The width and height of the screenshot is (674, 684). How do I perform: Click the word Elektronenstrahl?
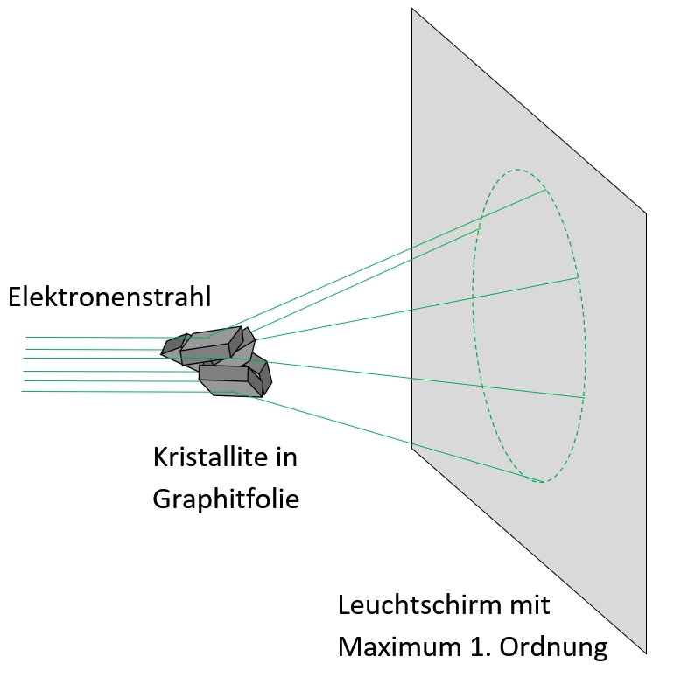tap(109, 297)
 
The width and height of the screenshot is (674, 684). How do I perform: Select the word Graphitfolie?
tap(226, 499)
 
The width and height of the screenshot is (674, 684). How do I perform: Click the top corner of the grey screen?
tap(412, 9)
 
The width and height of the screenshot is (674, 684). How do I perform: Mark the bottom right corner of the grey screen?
tap(646, 653)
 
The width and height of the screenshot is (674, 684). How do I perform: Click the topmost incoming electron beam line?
tap(88, 337)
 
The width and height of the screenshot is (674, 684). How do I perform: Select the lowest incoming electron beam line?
tap(88, 391)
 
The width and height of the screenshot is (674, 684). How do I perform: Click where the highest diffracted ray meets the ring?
tap(545, 189)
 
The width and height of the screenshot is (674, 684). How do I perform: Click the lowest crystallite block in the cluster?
tap(232, 380)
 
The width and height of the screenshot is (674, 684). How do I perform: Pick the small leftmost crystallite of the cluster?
tap(173, 345)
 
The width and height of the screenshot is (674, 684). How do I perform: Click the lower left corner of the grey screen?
tap(412, 448)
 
